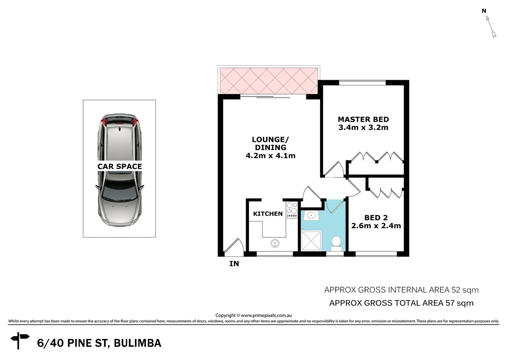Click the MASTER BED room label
pyautogui.click(x=363, y=119)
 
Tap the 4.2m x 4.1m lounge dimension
pyautogui.click(x=270, y=156)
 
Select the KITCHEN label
pyautogui.click(x=268, y=214)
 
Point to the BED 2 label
pyautogui.click(x=376, y=218)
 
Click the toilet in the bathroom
pyautogui.click(x=336, y=243)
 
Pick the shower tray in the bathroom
pyautogui.click(x=311, y=241)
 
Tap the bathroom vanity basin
pyautogui.click(x=311, y=215)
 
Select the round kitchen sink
pyautogui.click(x=275, y=243)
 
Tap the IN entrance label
pyautogui.click(x=234, y=264)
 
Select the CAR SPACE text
pyautogui.click(x=119, y=166)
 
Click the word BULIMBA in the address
pyautogui.click(x=137, y=343)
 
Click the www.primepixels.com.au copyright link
pyautogui.click(x=266, y=315)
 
